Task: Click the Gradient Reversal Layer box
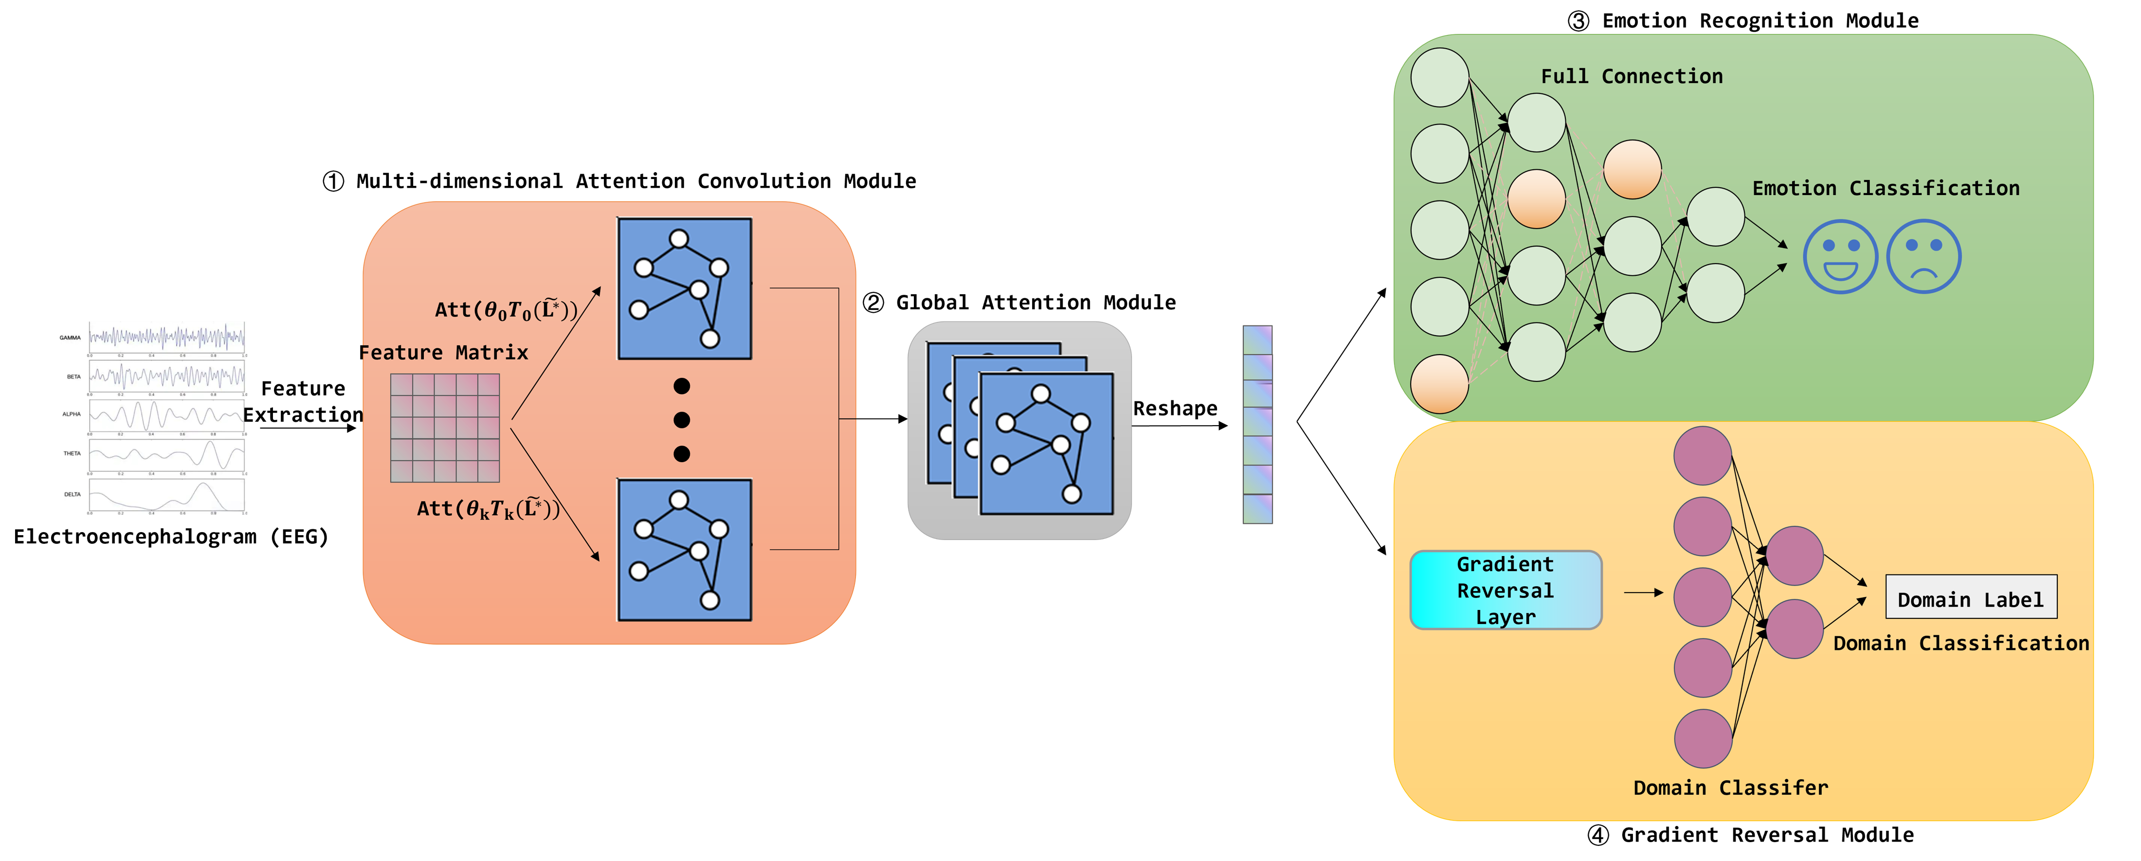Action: tap(1505, 590)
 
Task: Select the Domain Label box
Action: tap(1971, 597)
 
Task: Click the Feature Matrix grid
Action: tap(445, 428)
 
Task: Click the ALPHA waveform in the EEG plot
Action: tap(166, 414)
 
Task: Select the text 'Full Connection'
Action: tap(1632, 76)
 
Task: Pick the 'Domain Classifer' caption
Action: tap(1730, 788)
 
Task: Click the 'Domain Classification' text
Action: tap(1960, 643)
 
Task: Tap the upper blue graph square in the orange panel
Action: tap(684, 288)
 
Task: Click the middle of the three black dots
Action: tap(682, 420)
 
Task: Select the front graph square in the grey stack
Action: tap(1046, 444)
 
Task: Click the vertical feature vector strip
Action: tap(1257, 424)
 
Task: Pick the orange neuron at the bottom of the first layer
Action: tap(1439, 384)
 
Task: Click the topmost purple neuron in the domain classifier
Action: tap(1702, 455)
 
